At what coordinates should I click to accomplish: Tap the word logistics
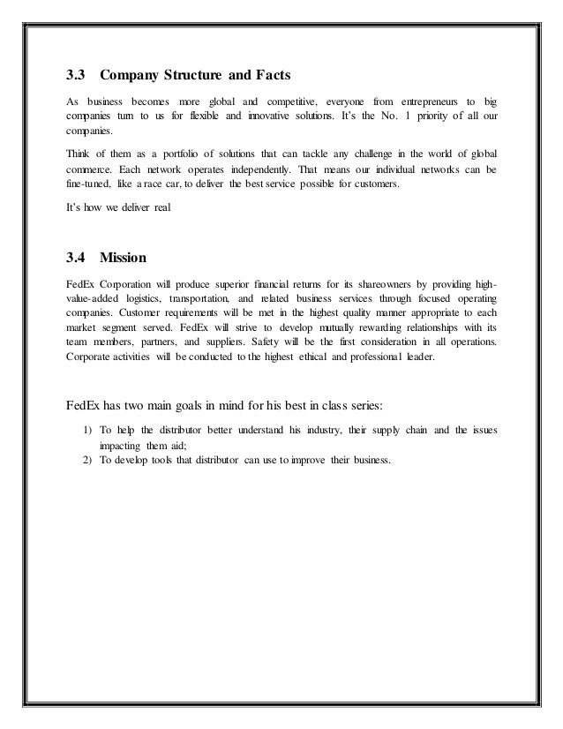click(156, 300)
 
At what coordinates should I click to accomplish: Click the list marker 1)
click(86, 430)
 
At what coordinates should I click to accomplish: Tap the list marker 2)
click(86, 462)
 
